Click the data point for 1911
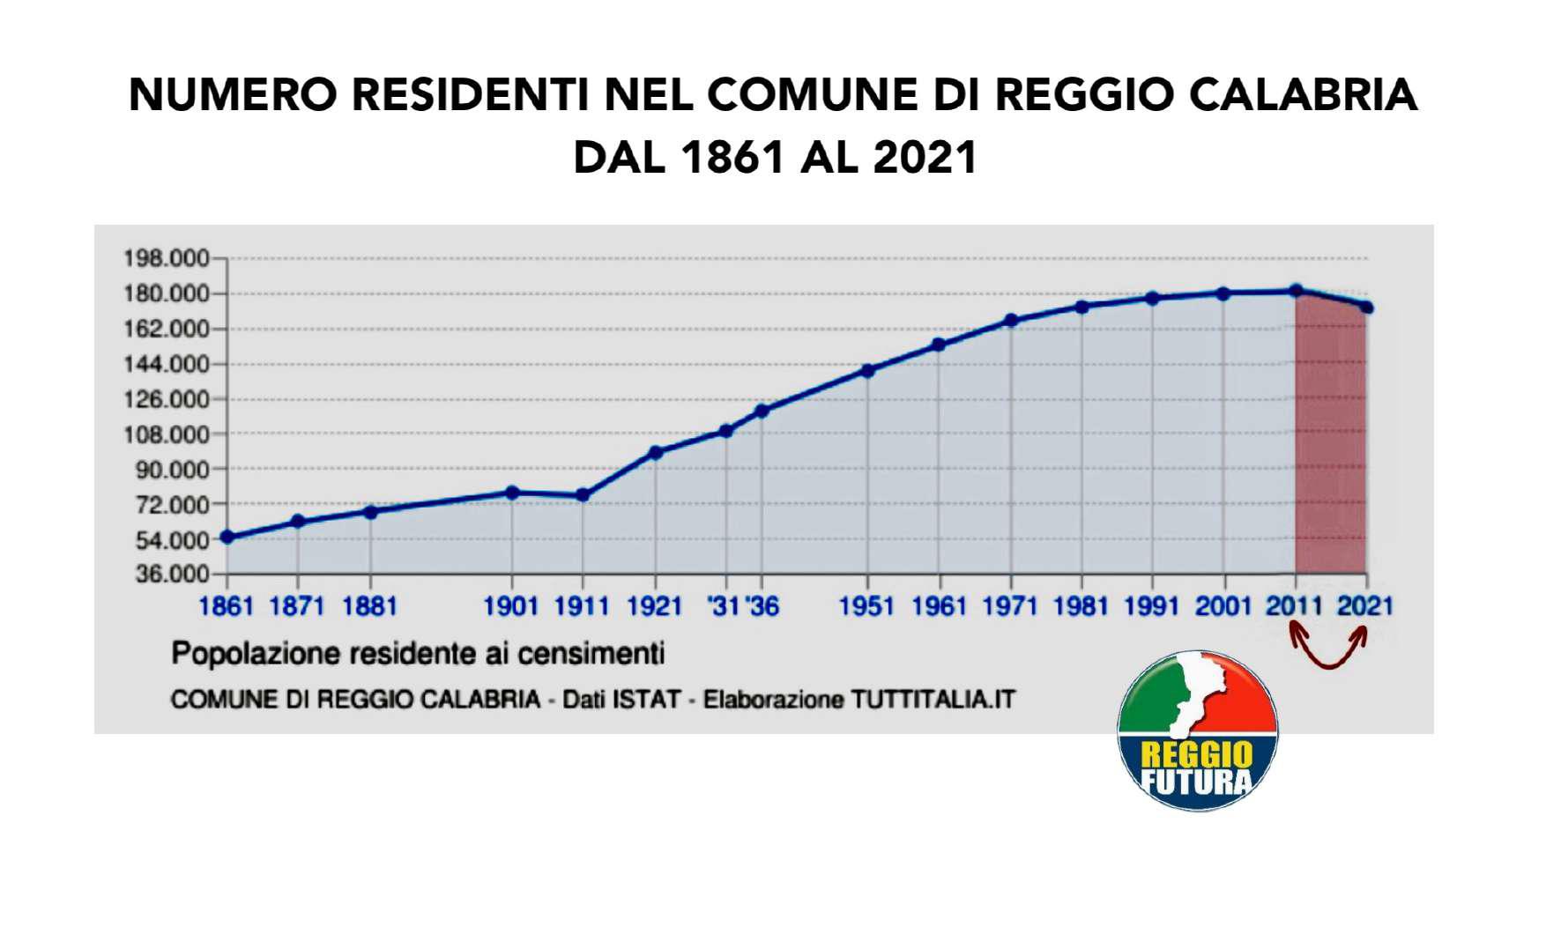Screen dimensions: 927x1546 tap(583, 495)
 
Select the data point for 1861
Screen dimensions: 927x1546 tap(227, 538)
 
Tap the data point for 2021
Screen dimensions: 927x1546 tap(1367, 308)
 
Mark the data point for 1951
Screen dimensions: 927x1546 tap(868, 371)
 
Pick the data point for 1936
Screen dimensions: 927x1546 tap(762, 411)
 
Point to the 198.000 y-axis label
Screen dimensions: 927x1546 tap(166, 259)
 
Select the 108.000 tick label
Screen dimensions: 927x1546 tap(166, 434)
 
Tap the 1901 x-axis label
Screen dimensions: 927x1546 tap(511, 606)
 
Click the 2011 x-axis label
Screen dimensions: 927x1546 tap(1294, 606)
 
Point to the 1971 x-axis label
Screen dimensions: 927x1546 tap(1010, 606)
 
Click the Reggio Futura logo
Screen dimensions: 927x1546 tap(1197, 730)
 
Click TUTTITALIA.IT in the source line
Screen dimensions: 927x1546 tap(933, 700)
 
